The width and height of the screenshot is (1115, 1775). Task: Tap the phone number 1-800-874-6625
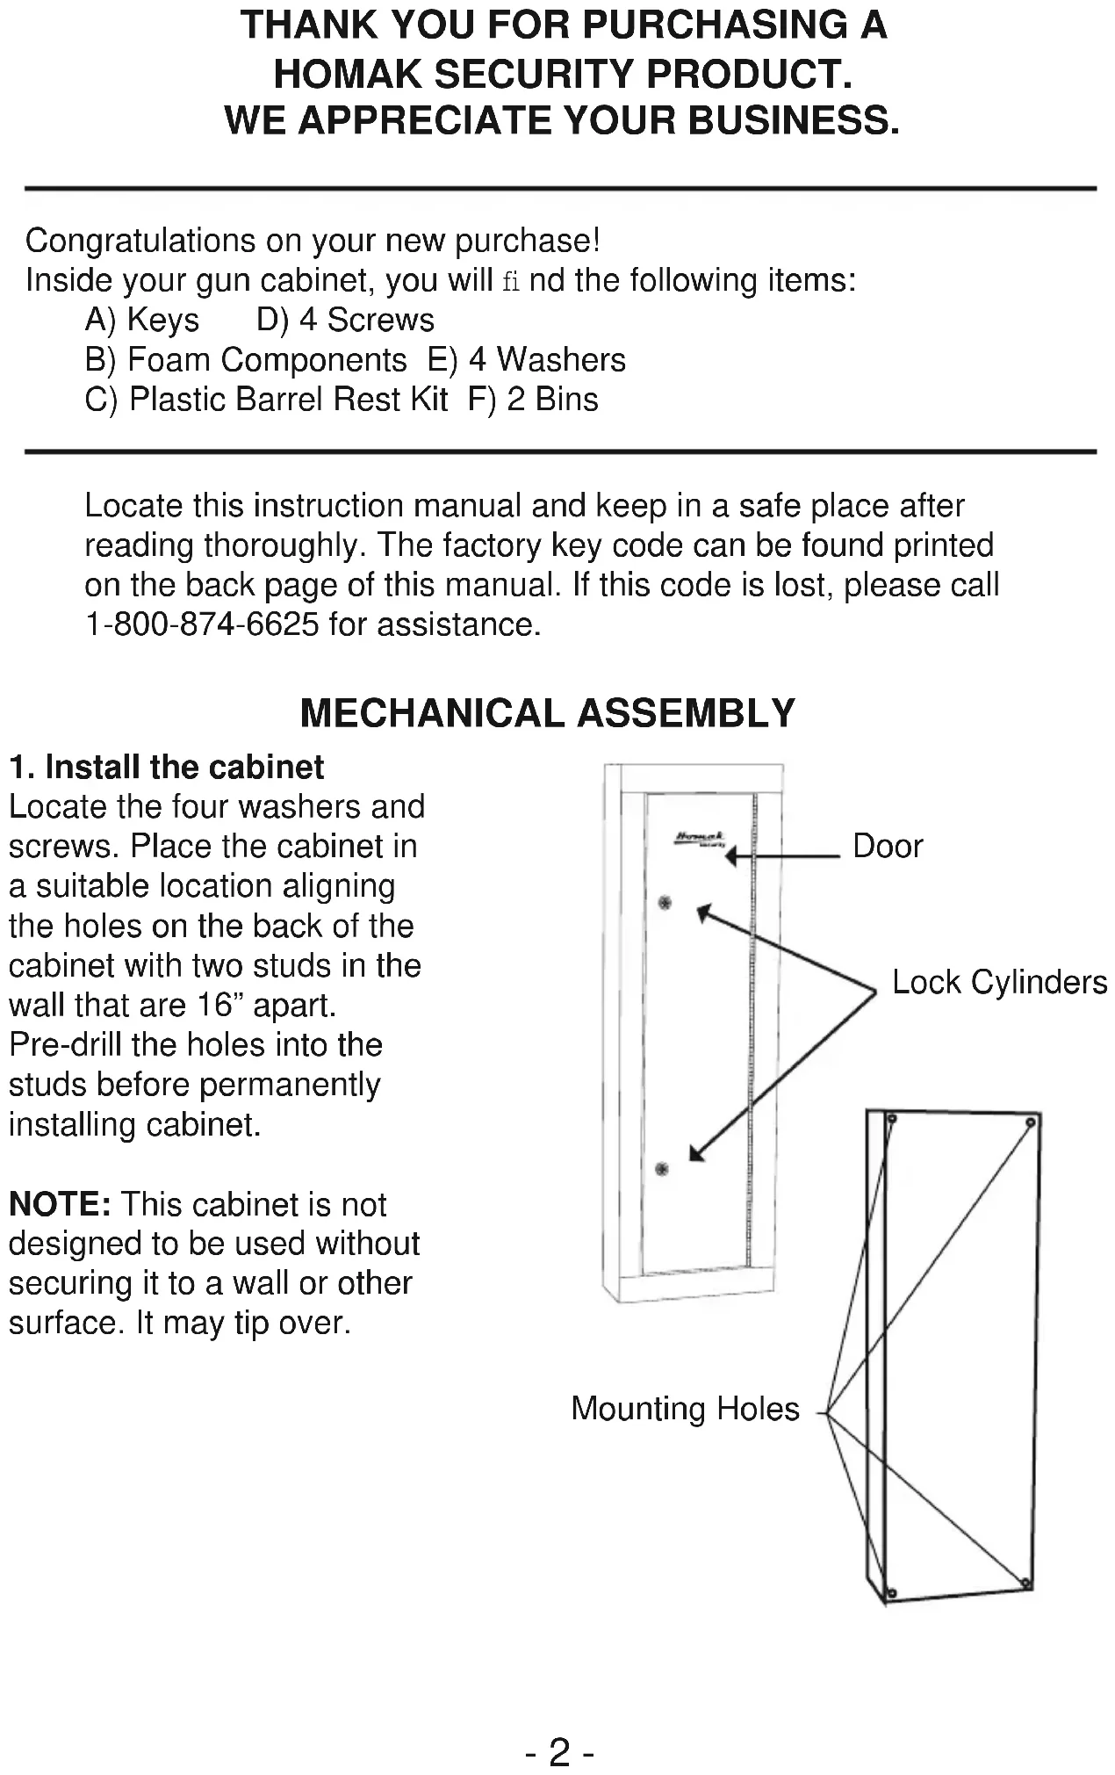pyautogui.click(x=201, y=624)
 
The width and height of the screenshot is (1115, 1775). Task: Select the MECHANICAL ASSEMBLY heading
pyautogui.click(x=548, y=713)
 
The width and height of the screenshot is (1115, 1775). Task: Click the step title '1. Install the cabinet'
pyautogui.click(x=167, y=768)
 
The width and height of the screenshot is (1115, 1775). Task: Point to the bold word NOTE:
pyautogui.click(x=60, y=1204)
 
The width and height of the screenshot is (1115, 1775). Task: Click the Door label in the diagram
pyautogui.click(x=888, y=847)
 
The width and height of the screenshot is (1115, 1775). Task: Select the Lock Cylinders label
pyautogui.click(x=999, y=982)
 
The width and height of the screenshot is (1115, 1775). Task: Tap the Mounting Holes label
pyautogui.click(x=685, y=1409)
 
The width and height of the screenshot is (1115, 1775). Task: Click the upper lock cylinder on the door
pyautogui.click(x=665, y=903)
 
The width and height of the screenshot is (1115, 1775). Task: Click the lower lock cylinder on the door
pyautogui.click(x=662, y=1168)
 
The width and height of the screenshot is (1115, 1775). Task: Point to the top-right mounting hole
pyautogui.click(x=1031, y=1122)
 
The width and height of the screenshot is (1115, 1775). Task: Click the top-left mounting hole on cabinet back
pyautogui.click(x=891, y=1120)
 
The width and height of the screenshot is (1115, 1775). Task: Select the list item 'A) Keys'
pyautogui.click(x=142, y=321)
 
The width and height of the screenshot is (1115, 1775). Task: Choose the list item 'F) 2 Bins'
pyautogui.click(x=533, y=400)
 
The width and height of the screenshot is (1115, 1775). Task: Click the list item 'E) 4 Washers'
pyautogui.click(x=526, y=360)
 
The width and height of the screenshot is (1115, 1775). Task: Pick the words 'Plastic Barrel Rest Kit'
pyautogui.click(x=288, y=400)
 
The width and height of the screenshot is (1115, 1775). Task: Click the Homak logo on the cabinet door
pyautogui.click(x=700, y=839)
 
